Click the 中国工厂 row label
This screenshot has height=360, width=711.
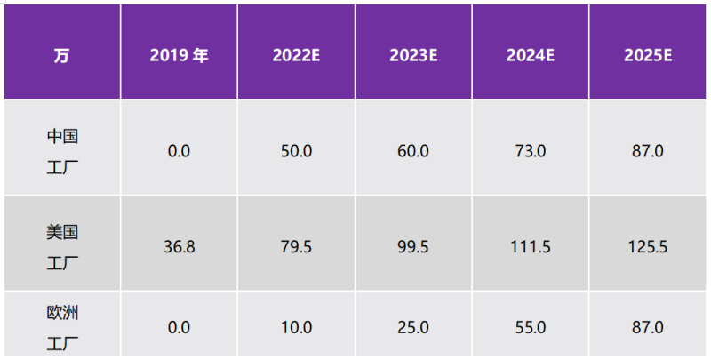[x=62, y=150]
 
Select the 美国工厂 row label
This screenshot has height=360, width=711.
[x=62, y=246]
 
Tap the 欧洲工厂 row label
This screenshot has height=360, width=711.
[x=62, y=327]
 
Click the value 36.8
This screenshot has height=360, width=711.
[x=179, y=246]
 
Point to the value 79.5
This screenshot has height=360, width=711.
[x=296, y=246]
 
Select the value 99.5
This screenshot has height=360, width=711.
[x=413, y=246]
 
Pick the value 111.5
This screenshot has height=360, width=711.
[x=531, y=246]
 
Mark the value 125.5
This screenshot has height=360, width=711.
[x=648, y=246]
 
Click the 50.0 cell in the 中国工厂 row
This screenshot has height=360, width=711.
[x=296, y=151]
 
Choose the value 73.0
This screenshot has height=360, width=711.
[x=531, y=151]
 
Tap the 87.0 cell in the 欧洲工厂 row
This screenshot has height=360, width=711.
[x=648, y=328]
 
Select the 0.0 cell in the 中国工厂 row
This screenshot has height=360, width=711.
[x=179, y=151]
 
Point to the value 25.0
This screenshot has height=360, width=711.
[x=413, y=328]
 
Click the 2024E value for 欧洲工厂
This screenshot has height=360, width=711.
[x=531, y=328]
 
